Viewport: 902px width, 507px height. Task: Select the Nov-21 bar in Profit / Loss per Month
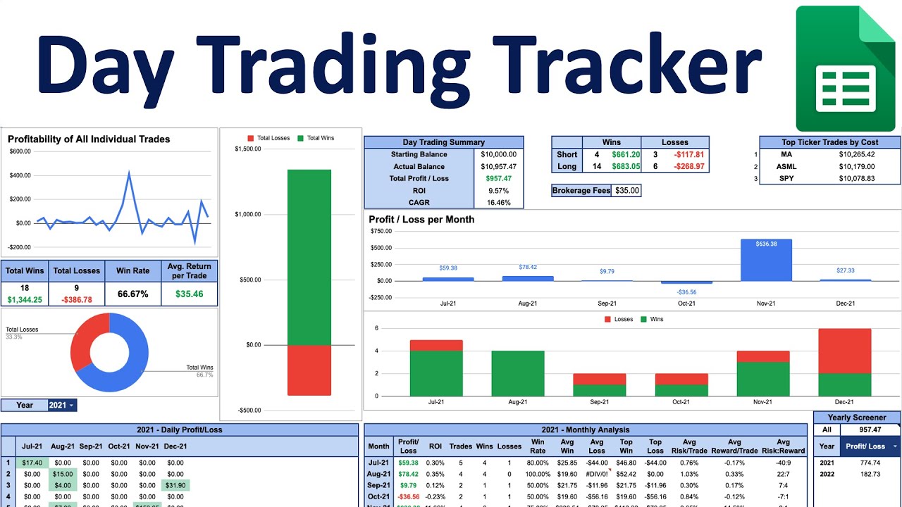[x=766, y=260]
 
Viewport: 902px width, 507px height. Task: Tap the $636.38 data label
[x=766, y=244]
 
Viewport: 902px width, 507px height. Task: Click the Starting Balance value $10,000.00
[x=498, y=154]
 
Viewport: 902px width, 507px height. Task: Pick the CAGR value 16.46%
[x=498, y=203]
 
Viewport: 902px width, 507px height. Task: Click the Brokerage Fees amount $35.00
[x=626, y=190]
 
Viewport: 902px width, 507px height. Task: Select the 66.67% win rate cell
[x=132, y=294]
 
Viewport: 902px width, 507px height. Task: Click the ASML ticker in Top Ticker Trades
[x=786, y=166]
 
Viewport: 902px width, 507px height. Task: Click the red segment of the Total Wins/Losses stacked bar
[x=309, y=370]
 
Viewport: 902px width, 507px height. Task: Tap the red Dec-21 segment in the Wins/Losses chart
[x=844, y=351]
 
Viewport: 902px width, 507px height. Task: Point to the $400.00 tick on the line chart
[x=20, y=175]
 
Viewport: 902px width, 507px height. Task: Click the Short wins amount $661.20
[x=626, y=154]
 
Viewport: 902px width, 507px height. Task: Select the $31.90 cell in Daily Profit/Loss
[x=175, y=485]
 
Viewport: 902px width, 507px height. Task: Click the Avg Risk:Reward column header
[x=783, y=446]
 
